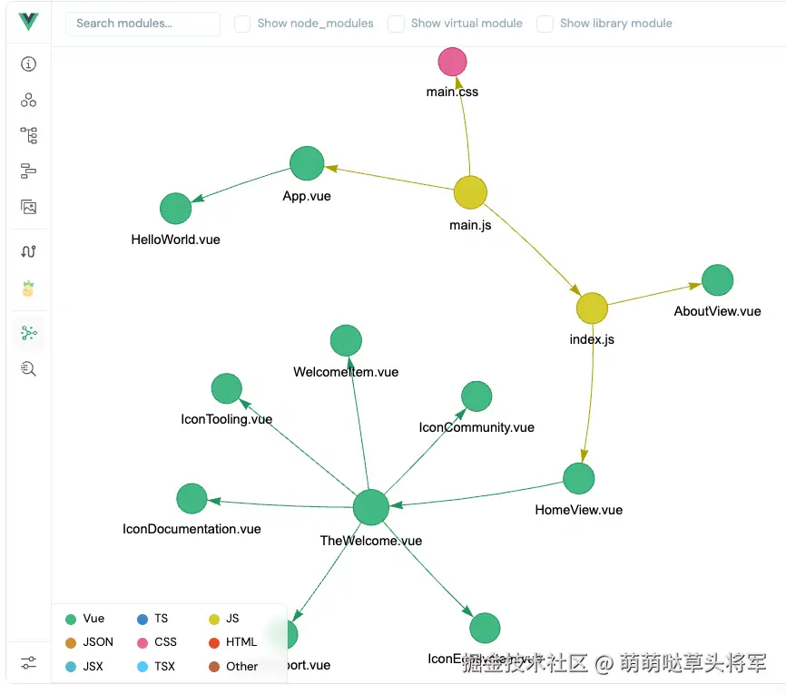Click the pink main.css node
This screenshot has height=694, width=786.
(x=452, y=62)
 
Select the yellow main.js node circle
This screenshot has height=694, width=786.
(x=470, y=192)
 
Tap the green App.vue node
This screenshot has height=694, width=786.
(x=307, y=163)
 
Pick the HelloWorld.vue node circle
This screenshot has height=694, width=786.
(x=176, y=209)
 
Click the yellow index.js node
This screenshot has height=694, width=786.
(x=592, y=308)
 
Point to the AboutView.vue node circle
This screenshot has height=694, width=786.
(x=717, y=280)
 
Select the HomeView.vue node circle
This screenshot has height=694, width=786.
(x=578, y=478)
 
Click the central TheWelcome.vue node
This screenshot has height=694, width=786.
(x=370, y=507)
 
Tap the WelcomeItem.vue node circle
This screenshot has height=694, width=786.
(x=346, y=341)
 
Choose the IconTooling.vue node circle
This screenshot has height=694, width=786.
(x=226, y=388)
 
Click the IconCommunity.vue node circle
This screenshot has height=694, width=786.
(x=477, y=396)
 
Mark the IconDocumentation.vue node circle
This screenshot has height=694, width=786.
(x=192, y=498)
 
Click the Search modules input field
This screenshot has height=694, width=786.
(x=142, y=24)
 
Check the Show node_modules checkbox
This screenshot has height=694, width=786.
(x=242, y=24)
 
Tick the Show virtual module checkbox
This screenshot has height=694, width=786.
(x=397, y=24)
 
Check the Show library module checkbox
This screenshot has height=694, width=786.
(x=545, y=24)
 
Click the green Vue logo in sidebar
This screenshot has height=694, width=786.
(x=29, y=22)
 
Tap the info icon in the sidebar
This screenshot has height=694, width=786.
(x=29, y=64)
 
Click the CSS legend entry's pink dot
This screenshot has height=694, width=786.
(x=142, y=642)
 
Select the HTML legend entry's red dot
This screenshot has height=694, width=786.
(x=214, y=642)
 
